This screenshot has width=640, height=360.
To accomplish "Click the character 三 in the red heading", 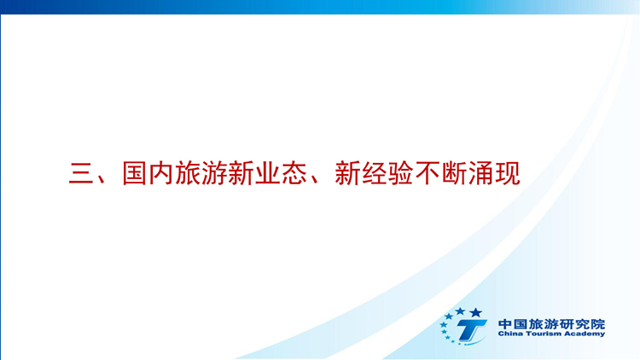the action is point(82,174).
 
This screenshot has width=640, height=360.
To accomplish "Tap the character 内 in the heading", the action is point(160,173).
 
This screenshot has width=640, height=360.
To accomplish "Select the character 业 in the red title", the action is point(268,173).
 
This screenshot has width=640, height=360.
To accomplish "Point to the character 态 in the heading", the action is point(294,173).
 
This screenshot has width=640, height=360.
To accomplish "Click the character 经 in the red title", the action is point(375,173).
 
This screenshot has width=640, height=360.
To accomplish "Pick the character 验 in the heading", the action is point(401,173).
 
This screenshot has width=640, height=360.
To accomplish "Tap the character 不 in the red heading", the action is point(428,173).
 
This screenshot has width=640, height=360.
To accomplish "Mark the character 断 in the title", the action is point(454,173).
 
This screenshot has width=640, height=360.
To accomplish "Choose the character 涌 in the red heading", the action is point(480,173).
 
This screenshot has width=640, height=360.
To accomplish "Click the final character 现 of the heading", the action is point(508,173).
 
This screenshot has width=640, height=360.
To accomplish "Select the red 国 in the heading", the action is point(134,173).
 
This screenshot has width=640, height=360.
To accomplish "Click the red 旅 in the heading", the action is point(188,173).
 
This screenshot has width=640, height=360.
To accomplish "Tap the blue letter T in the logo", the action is point(470,329).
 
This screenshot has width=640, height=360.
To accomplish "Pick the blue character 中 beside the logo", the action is point(505,324).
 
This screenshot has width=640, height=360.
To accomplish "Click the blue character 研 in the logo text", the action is point(567,324).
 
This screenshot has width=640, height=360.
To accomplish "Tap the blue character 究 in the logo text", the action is point(583,324).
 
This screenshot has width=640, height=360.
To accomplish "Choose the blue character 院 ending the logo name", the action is point(598,324).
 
